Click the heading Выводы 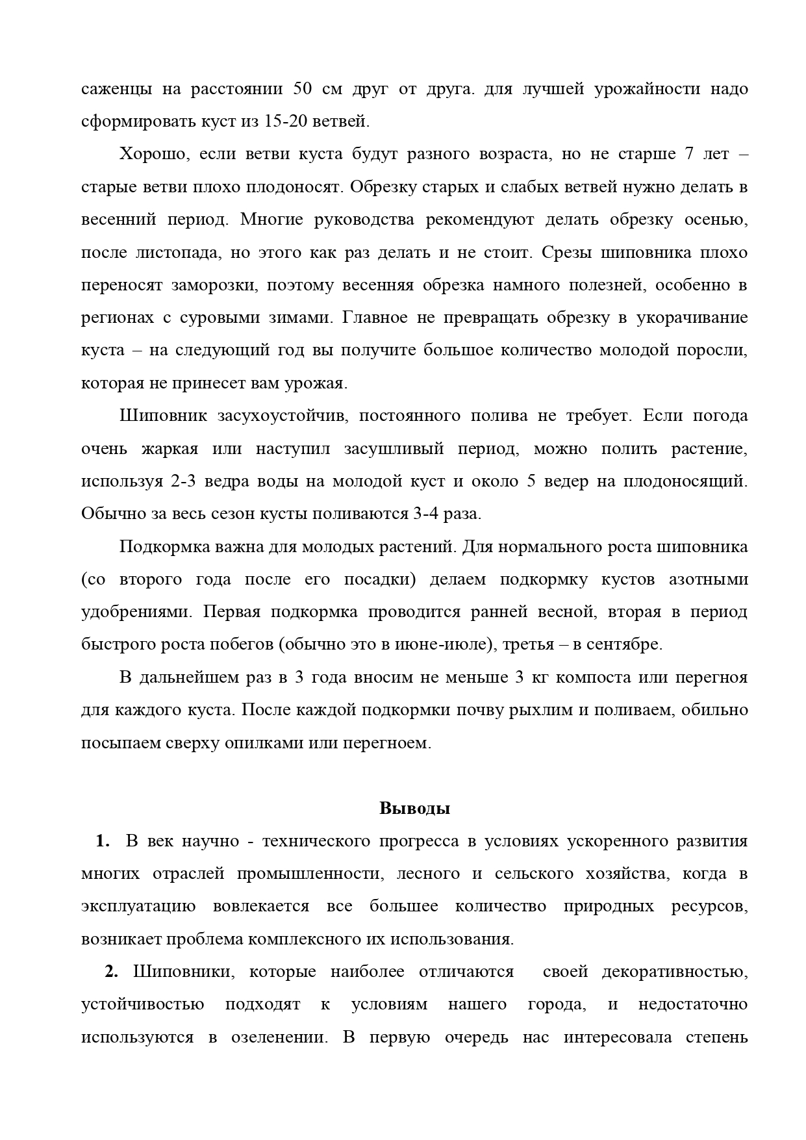[414, 809]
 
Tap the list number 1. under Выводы [102, 841]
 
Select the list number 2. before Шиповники [111, 972]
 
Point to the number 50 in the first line [304, 89]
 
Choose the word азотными [708, 579]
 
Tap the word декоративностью [674, 972]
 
